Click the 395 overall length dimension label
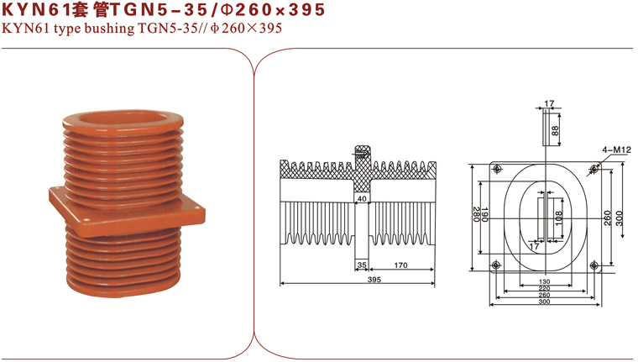pos(374,280)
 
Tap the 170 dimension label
pos(400,265)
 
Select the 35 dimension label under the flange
pos(362,265)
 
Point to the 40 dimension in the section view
pos(362,199)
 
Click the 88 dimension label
pos(555,130)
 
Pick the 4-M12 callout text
pos(616,150)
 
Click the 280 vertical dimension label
pos(476,214)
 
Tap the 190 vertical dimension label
pos(484,214)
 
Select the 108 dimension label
pos(558,218)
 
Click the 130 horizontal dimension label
pos(544,281)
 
